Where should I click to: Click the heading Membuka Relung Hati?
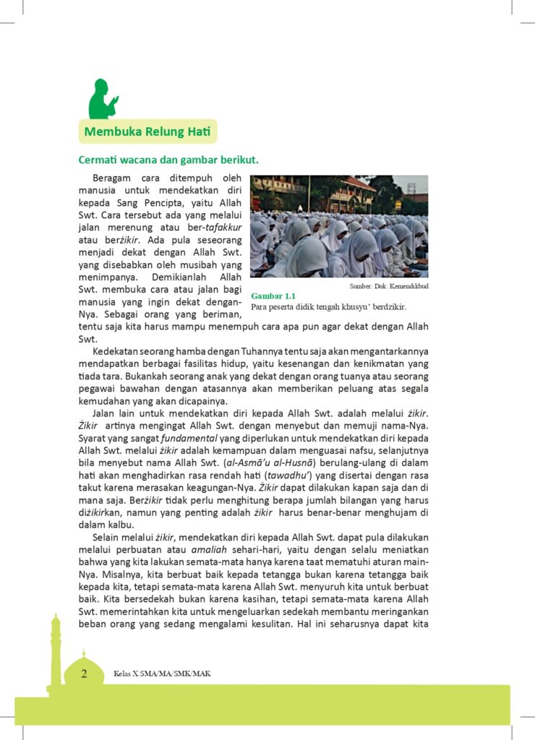147,132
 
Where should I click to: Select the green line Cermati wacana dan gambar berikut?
168,160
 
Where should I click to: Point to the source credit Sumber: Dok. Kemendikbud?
389,286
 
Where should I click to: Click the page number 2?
84,674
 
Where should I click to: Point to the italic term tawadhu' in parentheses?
289,476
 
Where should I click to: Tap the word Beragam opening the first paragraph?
116,177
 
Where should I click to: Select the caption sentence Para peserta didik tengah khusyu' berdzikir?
328,306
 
